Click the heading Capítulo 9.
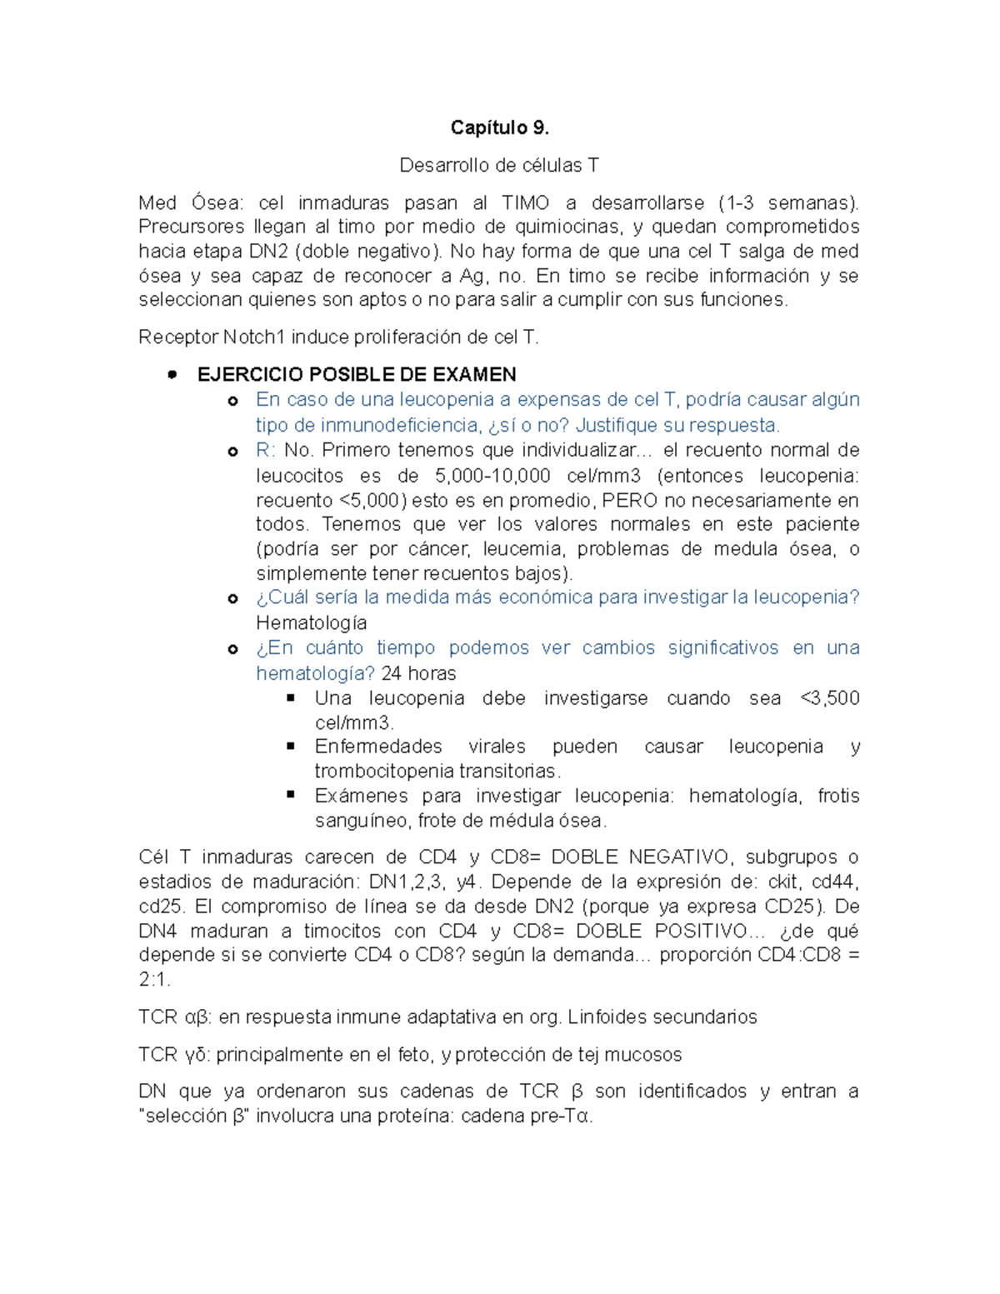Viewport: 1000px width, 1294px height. (499, 127)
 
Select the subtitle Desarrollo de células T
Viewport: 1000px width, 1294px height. (499, 165)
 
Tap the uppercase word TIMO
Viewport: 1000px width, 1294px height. (525, 202)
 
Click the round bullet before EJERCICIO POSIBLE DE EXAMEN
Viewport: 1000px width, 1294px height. (172, 375)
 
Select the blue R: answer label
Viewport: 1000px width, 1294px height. (265, 451)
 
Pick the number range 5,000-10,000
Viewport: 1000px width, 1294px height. (492, 476)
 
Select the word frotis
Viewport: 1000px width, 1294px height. (837, 796)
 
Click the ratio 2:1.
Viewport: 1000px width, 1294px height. (154, 980)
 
